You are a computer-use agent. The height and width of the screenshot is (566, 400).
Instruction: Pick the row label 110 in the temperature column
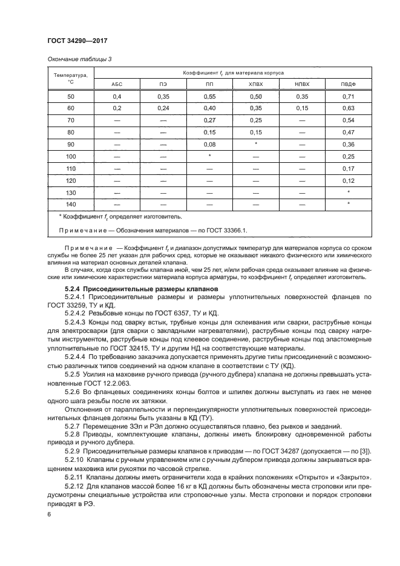pos(70,168)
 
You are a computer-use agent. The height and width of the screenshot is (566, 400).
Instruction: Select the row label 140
pos(70,203)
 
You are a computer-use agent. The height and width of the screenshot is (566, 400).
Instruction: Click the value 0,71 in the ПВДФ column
pos(347,97)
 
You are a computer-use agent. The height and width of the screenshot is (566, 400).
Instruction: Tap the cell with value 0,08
pos(210,144)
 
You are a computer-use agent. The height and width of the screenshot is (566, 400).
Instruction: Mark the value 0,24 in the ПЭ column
pos(163,109)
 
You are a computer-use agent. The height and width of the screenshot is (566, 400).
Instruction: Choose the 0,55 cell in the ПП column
pos(210,97)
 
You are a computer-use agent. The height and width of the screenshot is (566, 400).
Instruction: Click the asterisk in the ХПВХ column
pos(257,144)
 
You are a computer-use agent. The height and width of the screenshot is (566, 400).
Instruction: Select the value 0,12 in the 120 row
pos(347,180)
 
